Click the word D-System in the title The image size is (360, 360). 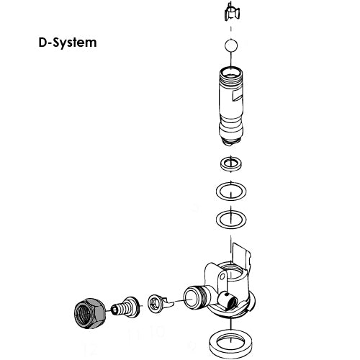click(x=67, y=42)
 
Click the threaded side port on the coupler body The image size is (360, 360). click(x=195, y=296)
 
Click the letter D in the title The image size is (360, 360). click(x=42, y=42)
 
